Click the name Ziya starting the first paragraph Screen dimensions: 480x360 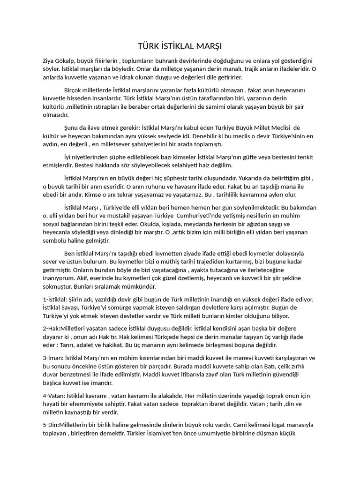click(x=49, y=61)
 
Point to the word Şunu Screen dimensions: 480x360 click(x=72, y=127)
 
